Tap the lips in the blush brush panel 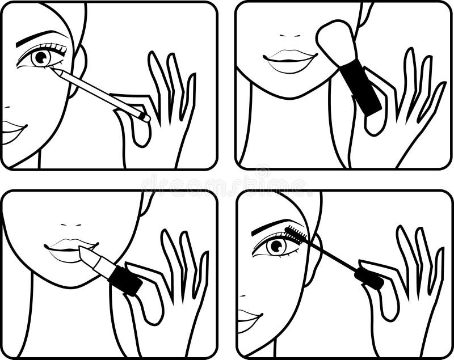click(289, 59)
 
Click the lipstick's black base click(125, 279)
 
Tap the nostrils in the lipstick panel click(71, 225)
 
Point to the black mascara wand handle click(369, 278)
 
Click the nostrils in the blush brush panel click(289, 35)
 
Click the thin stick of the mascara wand click(331, 255)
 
